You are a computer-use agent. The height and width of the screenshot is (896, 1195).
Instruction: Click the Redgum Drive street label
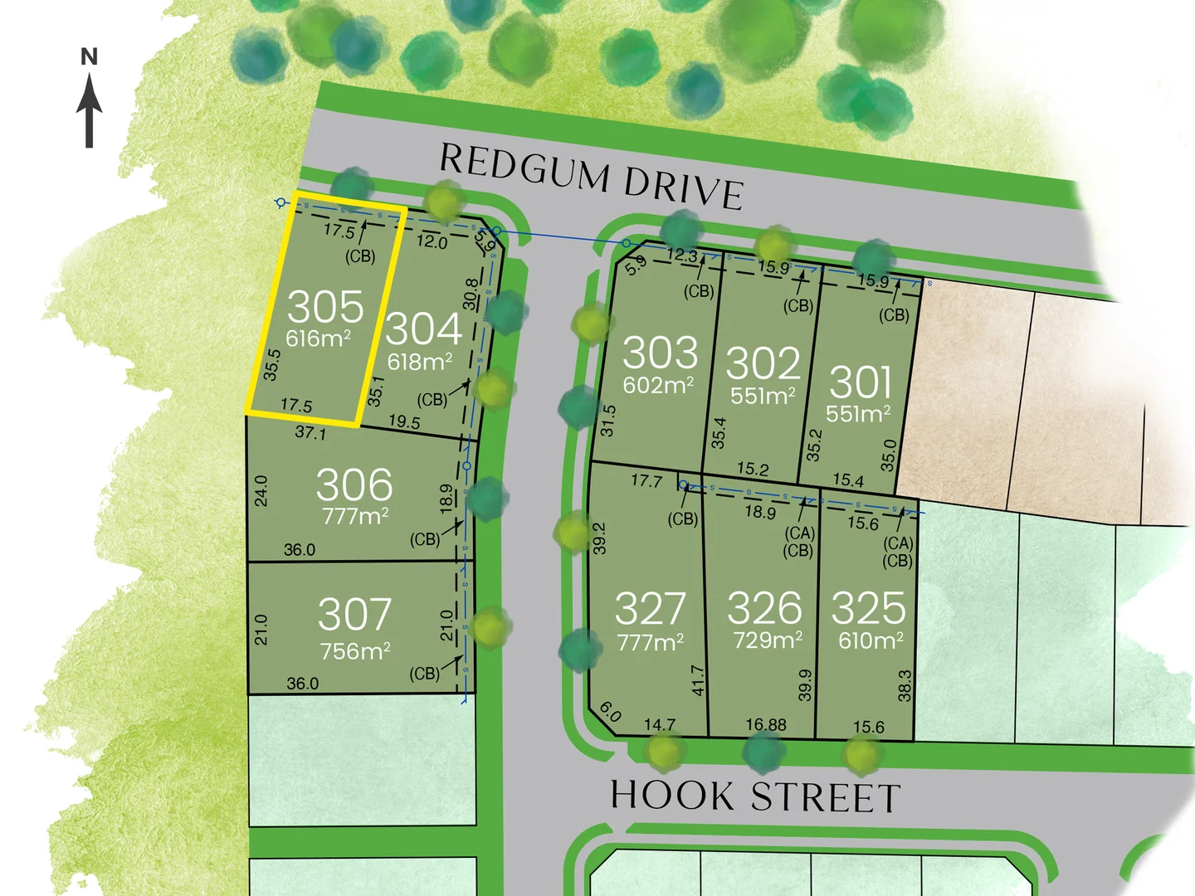pos(590,176)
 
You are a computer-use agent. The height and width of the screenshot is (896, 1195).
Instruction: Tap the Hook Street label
pos(755,796)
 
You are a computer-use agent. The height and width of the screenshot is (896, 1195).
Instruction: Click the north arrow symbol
pos(90,111)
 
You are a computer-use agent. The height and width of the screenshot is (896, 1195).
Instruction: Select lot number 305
pos(325,307)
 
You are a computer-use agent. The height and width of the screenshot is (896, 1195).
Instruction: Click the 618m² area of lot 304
pos(420,362)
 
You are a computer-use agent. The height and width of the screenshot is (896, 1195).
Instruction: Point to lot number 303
pos(661,353)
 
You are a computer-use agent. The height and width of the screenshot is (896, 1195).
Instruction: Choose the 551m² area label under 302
pos(763,396)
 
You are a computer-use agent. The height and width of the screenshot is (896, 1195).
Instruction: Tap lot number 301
pos(861,382)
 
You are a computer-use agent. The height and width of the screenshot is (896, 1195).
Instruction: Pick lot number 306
pos(354,485)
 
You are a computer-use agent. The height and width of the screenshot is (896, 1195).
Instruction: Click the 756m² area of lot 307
pos(355,651)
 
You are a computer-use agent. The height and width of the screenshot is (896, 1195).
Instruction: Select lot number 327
pos(651,609)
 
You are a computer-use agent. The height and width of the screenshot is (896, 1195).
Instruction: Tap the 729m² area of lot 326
pos(768,640)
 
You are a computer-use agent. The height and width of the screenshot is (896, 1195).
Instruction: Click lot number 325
pos(869,608)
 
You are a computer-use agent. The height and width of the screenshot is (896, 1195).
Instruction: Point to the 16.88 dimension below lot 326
pos(766,725)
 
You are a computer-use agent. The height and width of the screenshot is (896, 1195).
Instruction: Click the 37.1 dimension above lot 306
pos(310,432)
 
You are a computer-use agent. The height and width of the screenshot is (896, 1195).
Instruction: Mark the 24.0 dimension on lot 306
pos(261,491)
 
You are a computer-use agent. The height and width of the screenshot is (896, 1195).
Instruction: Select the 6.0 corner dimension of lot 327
pos(610,712)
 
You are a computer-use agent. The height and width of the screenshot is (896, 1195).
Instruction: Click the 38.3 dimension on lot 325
pos(905,686)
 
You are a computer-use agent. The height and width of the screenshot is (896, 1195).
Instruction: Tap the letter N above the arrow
pos(90,57)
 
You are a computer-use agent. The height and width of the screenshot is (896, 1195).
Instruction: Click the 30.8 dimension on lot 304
pos(471,295)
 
